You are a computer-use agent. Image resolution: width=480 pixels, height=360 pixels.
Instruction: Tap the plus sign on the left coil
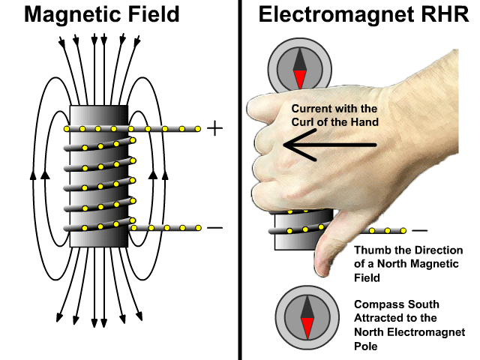[214, 129]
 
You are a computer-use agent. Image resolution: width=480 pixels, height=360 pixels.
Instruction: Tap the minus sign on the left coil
[214, 226]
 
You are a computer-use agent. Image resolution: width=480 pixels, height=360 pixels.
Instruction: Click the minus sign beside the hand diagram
[421, 230]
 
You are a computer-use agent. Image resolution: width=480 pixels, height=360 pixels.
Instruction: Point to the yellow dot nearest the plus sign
[198, 129]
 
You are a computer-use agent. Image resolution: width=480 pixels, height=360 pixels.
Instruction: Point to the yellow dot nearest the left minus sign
[198, 226]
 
